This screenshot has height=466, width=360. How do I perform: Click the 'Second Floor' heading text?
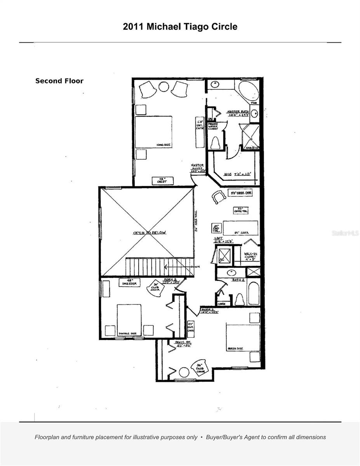pyautogui.click(x=59, y=81)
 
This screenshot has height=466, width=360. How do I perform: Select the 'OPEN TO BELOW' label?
pyautogui.click(x=150, y=233)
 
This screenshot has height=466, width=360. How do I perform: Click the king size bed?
pyautogui.click(x=153, y=132)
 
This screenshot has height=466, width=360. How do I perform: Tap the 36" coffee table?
pyautogui.click(x=241, y=210)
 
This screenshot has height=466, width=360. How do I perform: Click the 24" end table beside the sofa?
pyautogui.click(x=216, y=228)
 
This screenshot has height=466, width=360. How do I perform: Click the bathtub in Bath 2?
pyautogui.click(x=253, y=293)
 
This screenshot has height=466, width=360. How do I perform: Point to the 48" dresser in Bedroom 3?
pyautogui.click(x=130, y=282)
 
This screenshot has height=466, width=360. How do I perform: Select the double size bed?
pyautogui.click(x=129, y=319)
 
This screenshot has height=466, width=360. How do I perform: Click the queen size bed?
pyautogui.click(x=238, y=337)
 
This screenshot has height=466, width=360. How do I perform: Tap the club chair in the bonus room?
pyautogui.click(x=200, y=367)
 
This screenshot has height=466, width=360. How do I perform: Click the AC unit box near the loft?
pyautogui.click(x=224, y=255)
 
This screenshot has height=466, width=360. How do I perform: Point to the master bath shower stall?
pyautogui.click(x=250, y=137)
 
